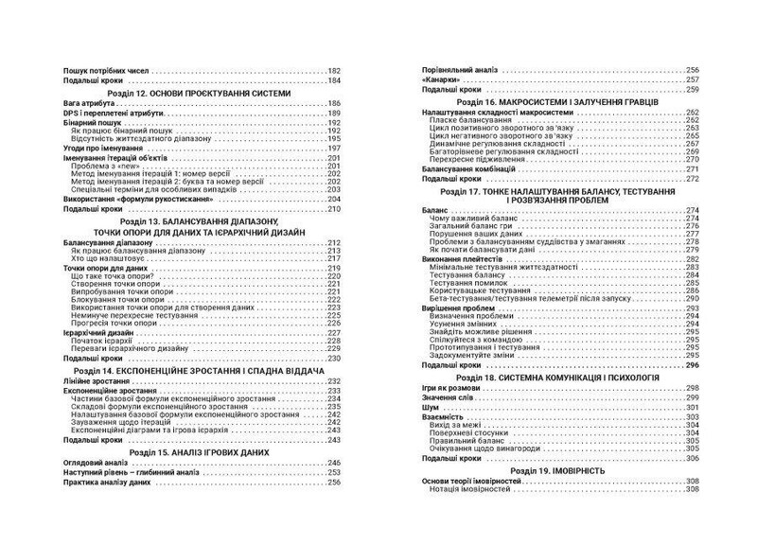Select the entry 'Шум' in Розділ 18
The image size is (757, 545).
tap(428, 408)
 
